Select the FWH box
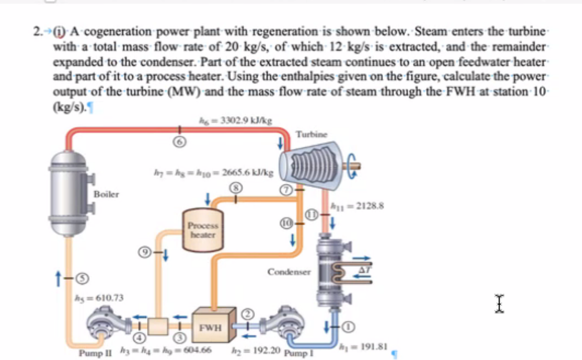pos(211,327)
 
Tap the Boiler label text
pos(106,195)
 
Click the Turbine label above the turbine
pos(312,134)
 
